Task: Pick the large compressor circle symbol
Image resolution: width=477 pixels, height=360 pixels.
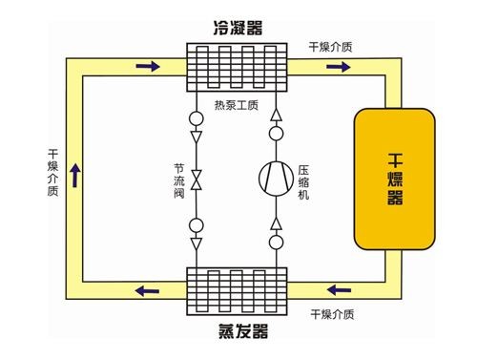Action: point(277,177)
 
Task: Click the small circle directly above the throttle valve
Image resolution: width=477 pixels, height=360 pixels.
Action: point(196,120)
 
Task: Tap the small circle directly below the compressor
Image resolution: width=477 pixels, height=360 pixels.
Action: point(277,243)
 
